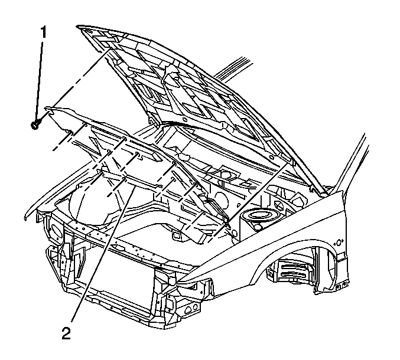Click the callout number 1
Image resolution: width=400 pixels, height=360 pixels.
[44, 32]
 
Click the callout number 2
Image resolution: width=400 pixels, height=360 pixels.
[66, 333]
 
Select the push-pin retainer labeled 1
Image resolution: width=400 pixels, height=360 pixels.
[34, 125]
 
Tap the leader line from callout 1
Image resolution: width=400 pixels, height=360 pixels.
[39, 81]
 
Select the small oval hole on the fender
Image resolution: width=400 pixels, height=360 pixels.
[339, 243]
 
